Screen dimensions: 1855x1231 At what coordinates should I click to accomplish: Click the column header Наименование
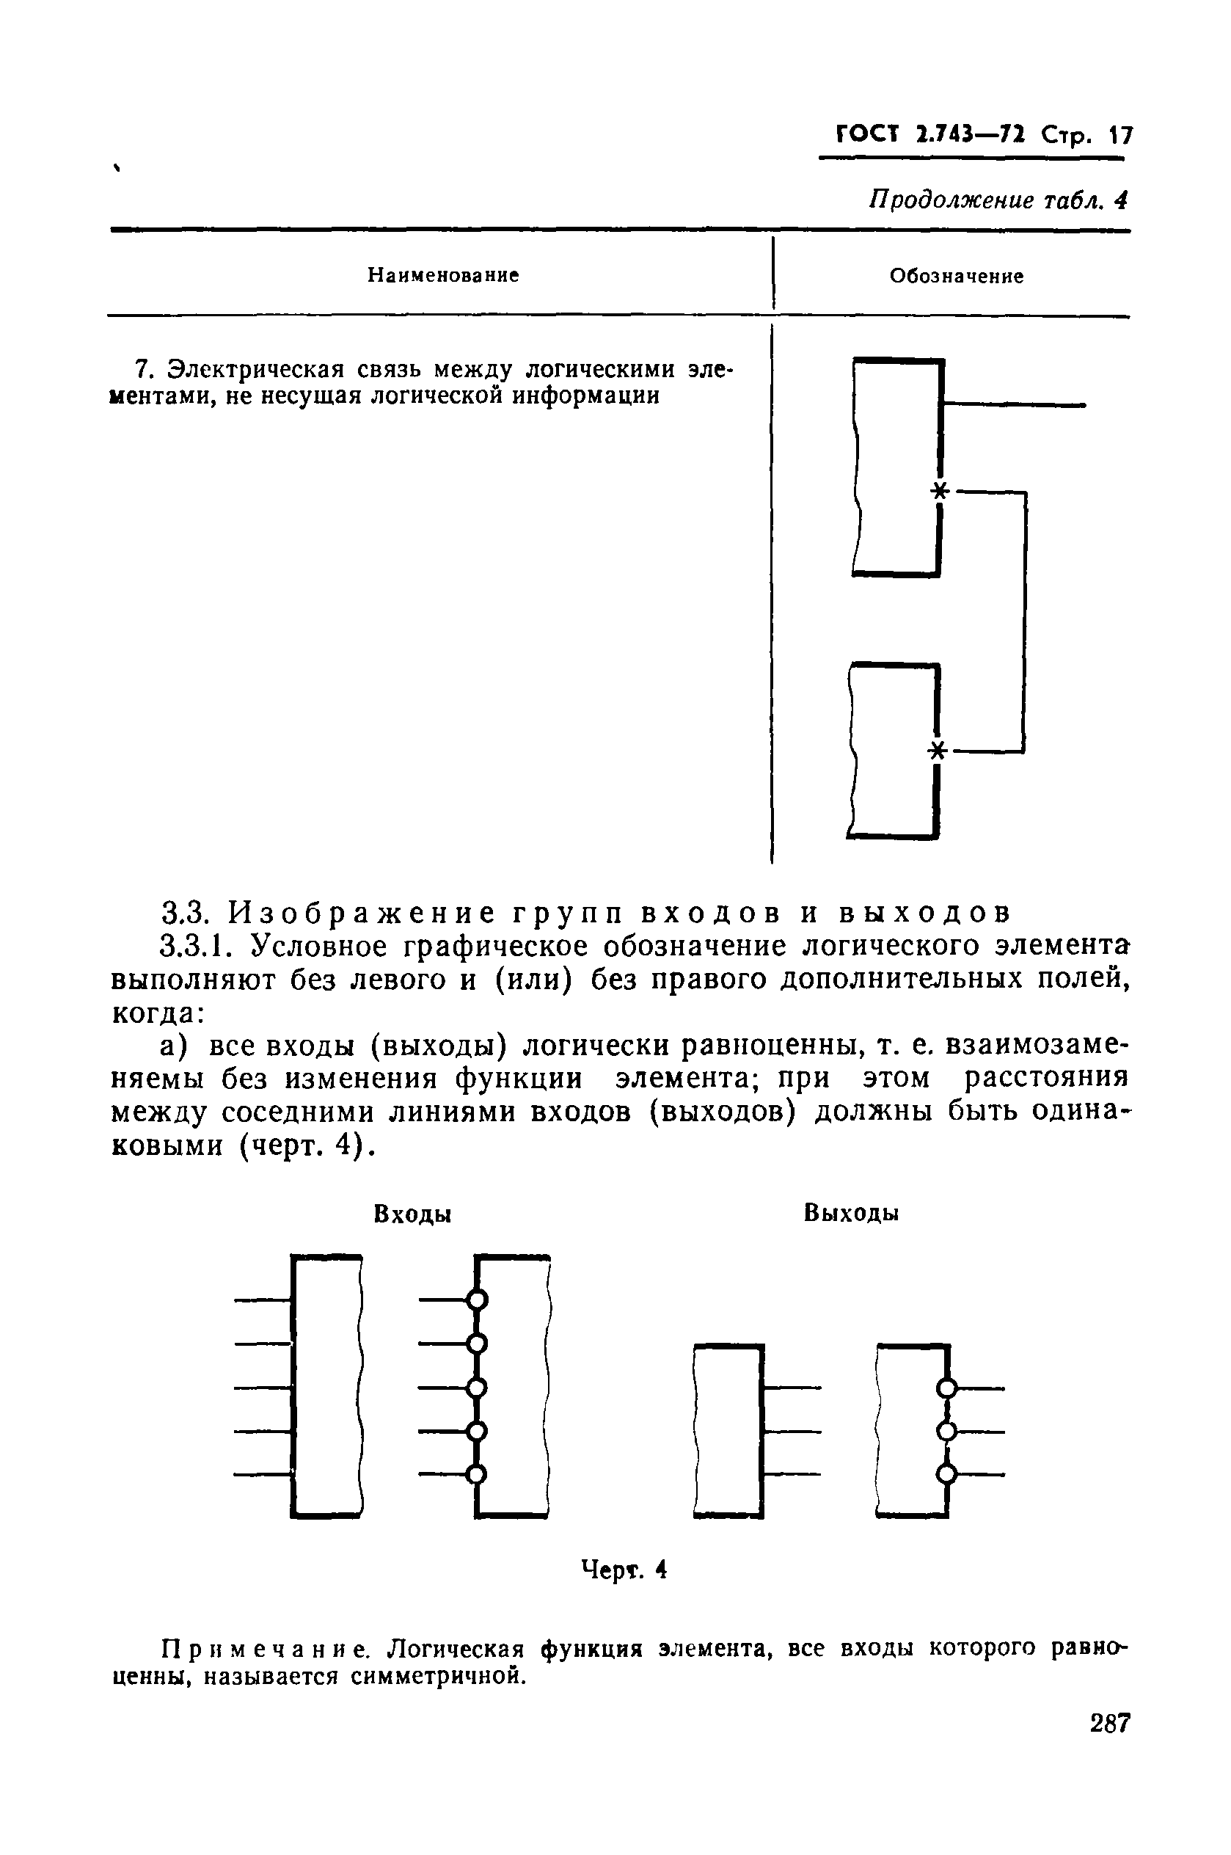coord(444,276)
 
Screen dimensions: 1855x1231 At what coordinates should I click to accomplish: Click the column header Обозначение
coord(956,277)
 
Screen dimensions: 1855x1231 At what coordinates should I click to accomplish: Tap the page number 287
coord(1109,1724)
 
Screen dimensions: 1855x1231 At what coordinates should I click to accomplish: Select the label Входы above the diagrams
coord(413,1214)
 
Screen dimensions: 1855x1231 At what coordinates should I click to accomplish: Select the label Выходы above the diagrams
coord(851,1214)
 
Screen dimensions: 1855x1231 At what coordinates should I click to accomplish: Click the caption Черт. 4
coord(624,1570)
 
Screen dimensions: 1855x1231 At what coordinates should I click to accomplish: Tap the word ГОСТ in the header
coord(866,135)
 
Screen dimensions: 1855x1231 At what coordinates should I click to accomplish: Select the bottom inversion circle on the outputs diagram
coord(948,1474)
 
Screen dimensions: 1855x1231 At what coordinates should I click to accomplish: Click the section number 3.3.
coord(183,913)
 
